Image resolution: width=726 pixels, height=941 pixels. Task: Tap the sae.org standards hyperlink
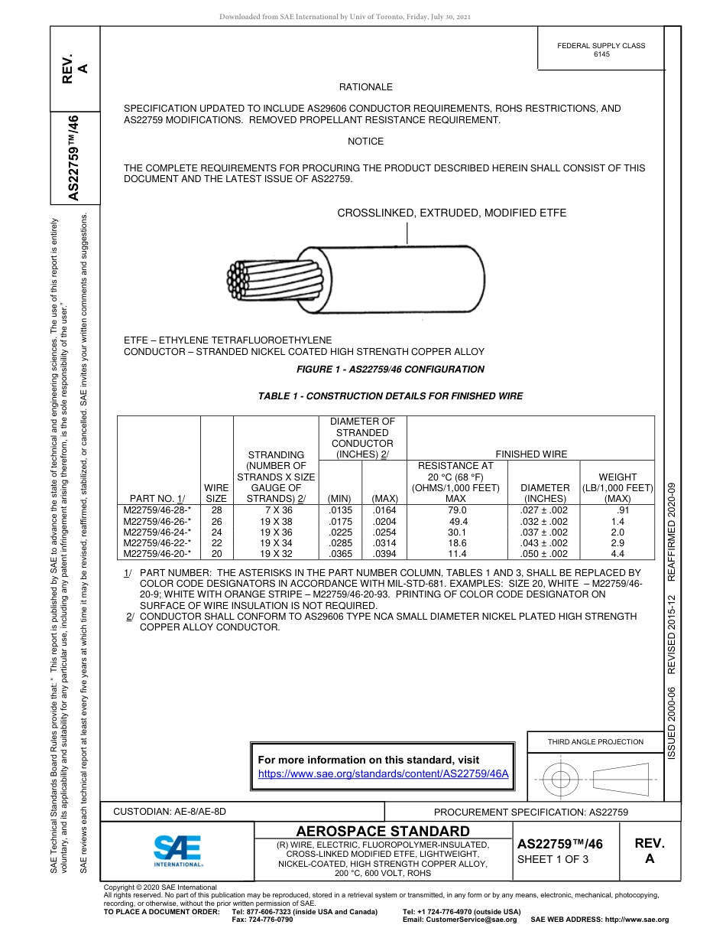[x=384, y=773]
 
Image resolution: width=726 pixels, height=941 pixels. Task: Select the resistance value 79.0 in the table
[x=457, y=510]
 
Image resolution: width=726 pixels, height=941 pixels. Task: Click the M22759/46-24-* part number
[x=157, y=532]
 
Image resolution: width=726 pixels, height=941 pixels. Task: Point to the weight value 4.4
[x=617, y=553]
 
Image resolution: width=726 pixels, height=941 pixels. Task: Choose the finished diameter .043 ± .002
[x=543, y=542]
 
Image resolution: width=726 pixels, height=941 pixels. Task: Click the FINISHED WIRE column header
[x=532, y=454]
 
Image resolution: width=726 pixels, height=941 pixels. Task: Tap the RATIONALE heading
[x=365, y=87]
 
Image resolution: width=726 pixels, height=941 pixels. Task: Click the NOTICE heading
[x=365, y=142]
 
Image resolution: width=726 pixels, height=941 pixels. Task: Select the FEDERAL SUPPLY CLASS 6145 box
[x=601, y=50]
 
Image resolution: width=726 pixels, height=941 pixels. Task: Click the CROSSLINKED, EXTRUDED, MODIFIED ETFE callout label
[x=452, y=213]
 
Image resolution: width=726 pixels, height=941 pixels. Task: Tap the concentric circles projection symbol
[x=561, y=780]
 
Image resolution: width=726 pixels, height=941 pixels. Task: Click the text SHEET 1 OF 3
[x=553, y=859]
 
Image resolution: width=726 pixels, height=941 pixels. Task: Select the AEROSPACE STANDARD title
[x=383, y=831]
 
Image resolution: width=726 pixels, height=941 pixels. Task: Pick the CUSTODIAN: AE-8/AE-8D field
[x=170, y=812]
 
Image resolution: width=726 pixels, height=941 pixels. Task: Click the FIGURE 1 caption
[x=390, y=370]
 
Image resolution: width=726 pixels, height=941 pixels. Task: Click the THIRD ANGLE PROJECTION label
[x=595, y=741]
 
